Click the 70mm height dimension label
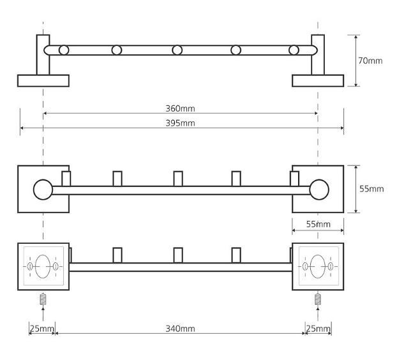pos(371,61)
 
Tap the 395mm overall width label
pos(180,123)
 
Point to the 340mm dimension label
pos(180,329)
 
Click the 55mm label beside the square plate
pos(371,189)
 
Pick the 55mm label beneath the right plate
pos(318,224)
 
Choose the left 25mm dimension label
pos(41,329)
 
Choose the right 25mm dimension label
pos(318,329)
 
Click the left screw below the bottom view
pos(43,298)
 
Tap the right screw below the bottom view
pos(318,298)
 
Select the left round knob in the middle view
pos(43,190)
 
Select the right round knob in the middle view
pos(318,190)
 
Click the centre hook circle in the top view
pos(177,50)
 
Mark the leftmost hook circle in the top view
pos(64,50)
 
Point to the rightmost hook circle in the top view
pos(294,50)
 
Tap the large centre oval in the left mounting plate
pos(42,266)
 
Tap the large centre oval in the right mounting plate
pos(318,266)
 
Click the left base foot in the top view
pos(43,80)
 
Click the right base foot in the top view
pos(318,80)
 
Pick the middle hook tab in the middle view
pos(178,179)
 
